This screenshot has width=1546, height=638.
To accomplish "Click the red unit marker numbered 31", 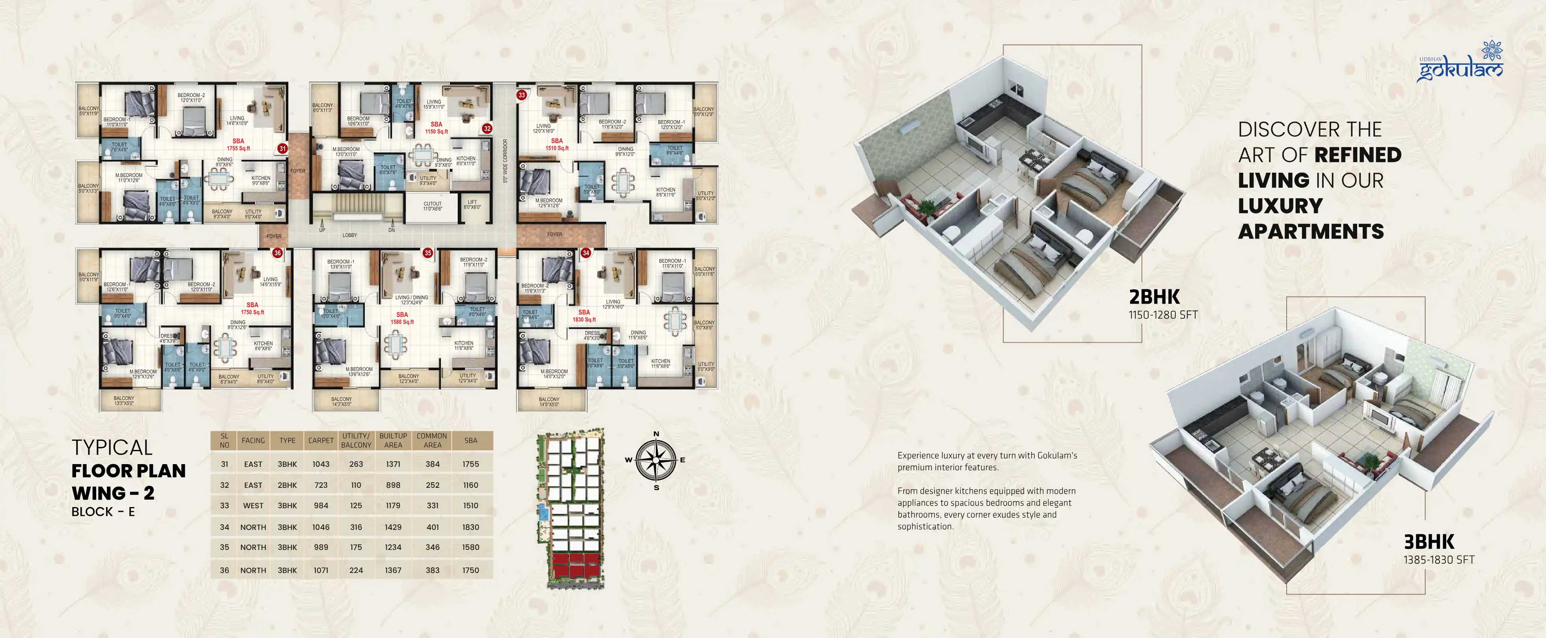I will (x=282, y=148).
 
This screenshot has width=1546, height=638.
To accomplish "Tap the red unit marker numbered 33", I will (x=522, y=95).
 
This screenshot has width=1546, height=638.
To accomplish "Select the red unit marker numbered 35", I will (x=427, y=253).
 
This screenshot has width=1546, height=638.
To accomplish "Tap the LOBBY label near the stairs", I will (x=349, y=235).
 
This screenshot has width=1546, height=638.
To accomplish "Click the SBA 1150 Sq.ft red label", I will (x=436, y=128).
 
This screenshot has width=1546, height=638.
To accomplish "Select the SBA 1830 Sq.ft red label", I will (x=584, y=316).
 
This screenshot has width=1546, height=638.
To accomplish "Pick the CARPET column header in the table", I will (x=320, y=440).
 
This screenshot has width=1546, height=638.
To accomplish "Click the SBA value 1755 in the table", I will (x=471, y=464).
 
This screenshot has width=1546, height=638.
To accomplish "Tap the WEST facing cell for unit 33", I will (x=253, y=506).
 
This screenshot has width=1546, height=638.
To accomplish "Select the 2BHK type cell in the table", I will (x=287, y=485).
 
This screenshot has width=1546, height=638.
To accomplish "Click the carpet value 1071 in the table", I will (x=320, y=570).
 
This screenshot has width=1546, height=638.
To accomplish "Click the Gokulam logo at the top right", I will (x=1460, y=63).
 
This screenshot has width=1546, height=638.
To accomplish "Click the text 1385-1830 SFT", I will (x=1438, y=560).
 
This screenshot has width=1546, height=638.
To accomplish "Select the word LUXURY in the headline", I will (x=1280, y=206).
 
